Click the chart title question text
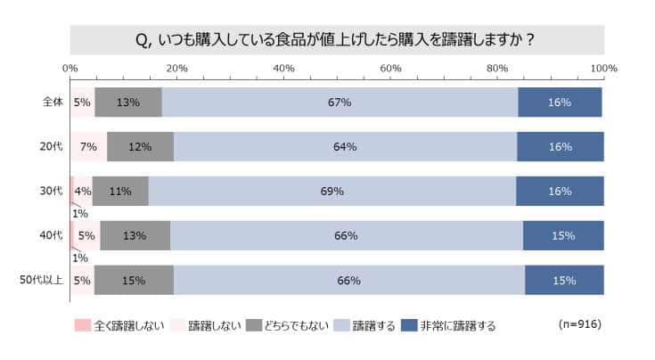(337, 39)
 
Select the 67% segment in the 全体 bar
(340, 102)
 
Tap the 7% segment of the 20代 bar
(88, 147)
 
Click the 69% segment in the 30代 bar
(332, 192)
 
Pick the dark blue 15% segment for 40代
(563, 236)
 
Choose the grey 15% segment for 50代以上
(134, 281)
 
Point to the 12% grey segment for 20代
(140, 147)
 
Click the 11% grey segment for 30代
(120, 192)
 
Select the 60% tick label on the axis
(390, 69)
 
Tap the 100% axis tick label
(604, 69)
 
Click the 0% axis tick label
(70, 69)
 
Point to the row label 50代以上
(42, 281)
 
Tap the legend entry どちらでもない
(288, 325)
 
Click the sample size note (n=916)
(579, 324)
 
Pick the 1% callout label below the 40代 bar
(79, 258)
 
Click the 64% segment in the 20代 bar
(345, 147)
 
